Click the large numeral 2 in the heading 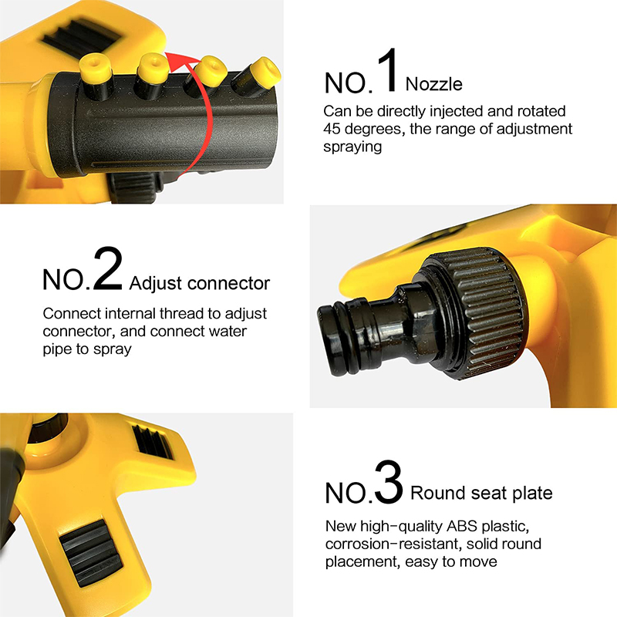click(107, 270)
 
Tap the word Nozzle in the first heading click(434, 83)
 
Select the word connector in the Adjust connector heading click(228, 284)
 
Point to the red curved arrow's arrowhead click(177, 59)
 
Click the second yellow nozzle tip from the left click(150, 66)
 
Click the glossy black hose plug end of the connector click(351, 319)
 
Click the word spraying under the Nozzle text click(352, 147)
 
